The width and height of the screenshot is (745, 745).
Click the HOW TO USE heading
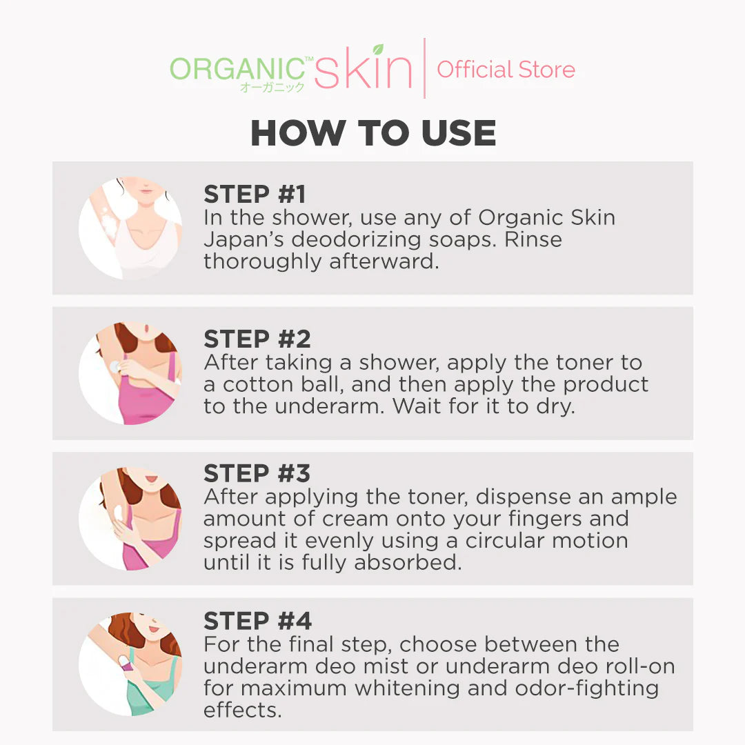tap(373, 133)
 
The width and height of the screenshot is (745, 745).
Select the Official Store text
tap(506, 70)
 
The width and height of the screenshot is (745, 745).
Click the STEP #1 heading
tap(255, 195)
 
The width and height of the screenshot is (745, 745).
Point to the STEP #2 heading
tap(257, 339)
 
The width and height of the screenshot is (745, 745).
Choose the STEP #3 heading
tap(257, 473)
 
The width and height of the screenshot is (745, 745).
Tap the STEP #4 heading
tap(257, 621)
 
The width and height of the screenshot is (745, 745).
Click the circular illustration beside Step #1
tap(130, 228)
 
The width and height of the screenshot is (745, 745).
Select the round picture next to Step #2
tap(130, 373)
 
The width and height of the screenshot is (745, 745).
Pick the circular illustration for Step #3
tap(130, 519)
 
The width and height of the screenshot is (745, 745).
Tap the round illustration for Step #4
tap(130, 664)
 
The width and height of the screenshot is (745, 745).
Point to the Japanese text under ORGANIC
tap(272, 88)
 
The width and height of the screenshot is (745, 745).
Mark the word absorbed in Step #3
tap(406, 562)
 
